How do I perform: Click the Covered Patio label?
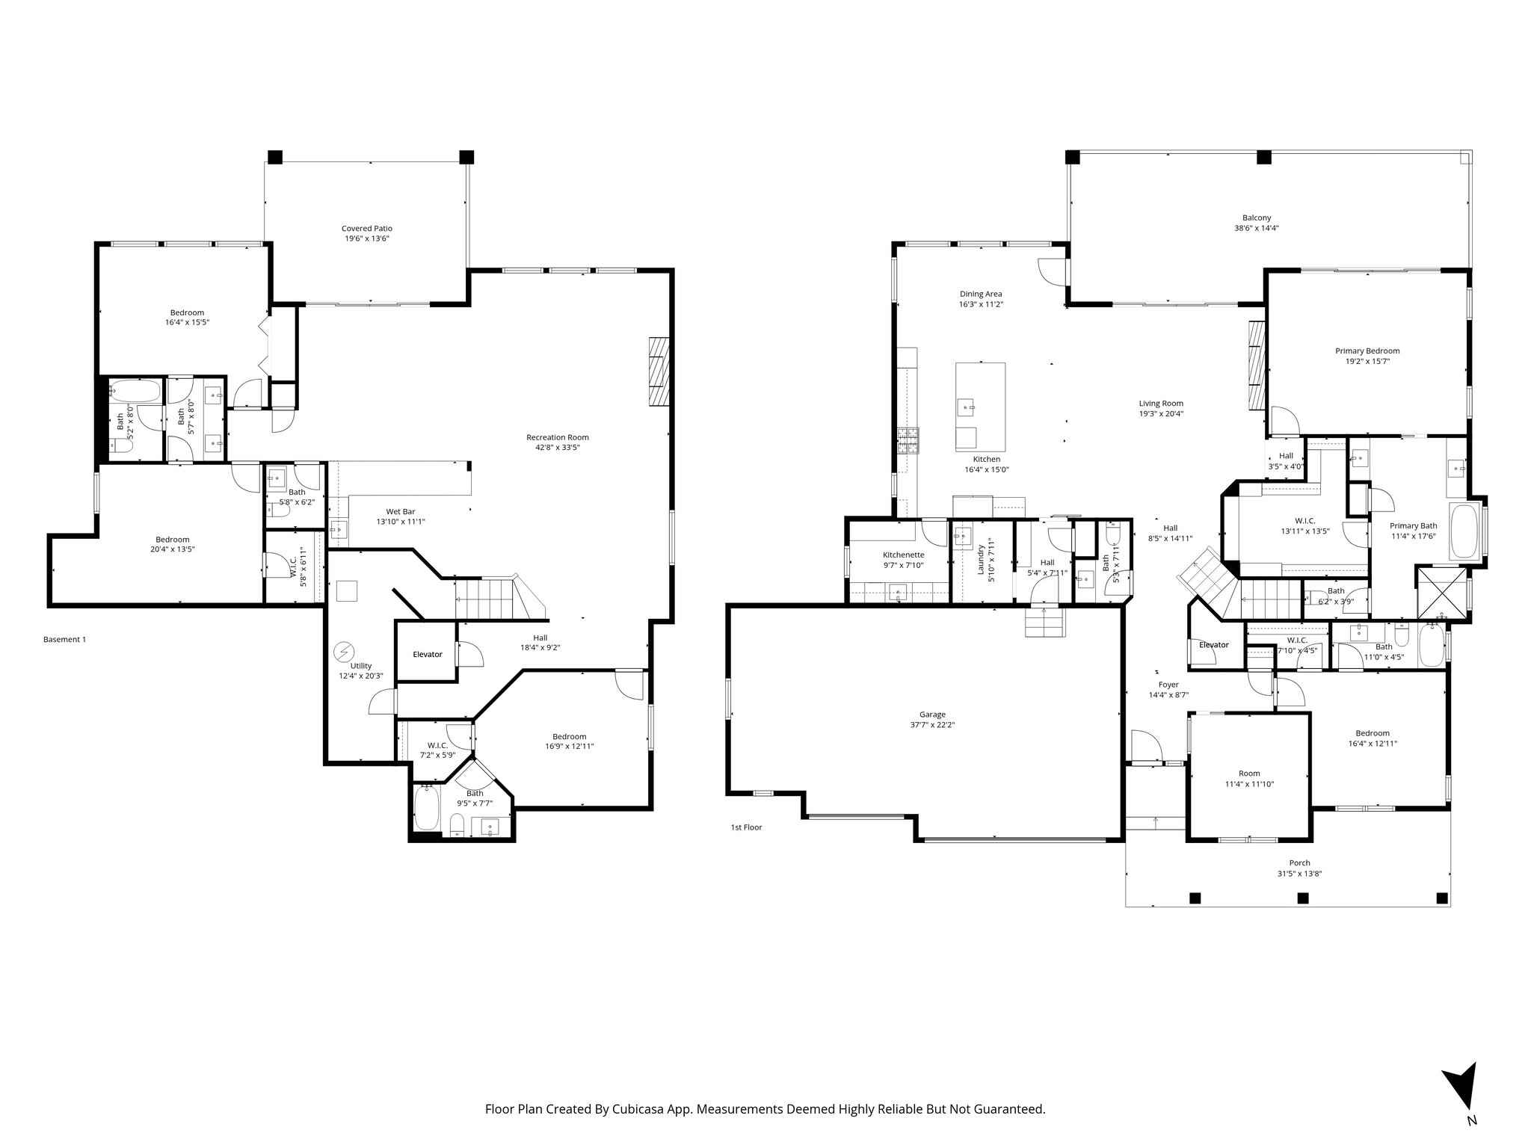point(366,229)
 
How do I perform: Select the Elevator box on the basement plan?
point(428,654)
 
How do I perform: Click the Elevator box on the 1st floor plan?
point(1213,645)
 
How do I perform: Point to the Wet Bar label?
point(400,512)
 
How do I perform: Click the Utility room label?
point(360,666)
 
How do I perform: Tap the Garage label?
point(932,715)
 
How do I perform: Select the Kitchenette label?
point(903,555)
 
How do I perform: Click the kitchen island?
point(980,406)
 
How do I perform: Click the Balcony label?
point(1256,218)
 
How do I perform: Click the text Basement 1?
point(64,640)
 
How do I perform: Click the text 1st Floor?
point(746,827)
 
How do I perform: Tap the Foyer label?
point(1168,685)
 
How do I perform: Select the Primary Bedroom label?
point(1367,351)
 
